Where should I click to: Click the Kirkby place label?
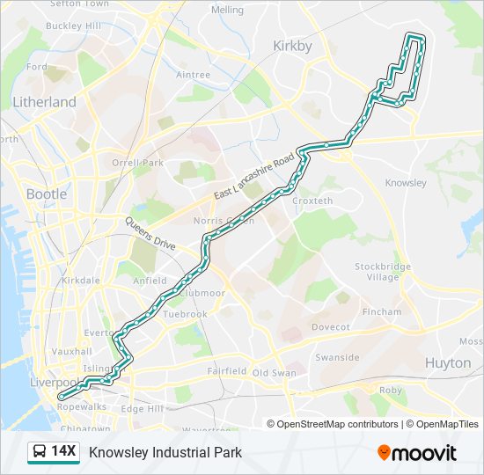pos(292,46)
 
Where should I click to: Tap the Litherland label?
pos(44,102)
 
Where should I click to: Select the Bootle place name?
pos(46,194)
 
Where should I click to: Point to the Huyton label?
pos(448,362)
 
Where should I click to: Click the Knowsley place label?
pos(406,183)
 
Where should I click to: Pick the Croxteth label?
pos(312,201)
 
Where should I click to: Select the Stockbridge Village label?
pos(377,271)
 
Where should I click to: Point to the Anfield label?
pos(149,281)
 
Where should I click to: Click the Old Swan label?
pos(274,373)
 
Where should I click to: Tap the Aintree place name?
pos(193,75)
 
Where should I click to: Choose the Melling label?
pos(227,10)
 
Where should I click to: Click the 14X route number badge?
pos(64,452)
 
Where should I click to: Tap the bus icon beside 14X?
pos(40,452)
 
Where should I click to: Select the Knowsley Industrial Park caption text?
pos(165,452)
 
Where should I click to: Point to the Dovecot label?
pos(330,327)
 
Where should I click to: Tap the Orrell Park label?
pos(137,163)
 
